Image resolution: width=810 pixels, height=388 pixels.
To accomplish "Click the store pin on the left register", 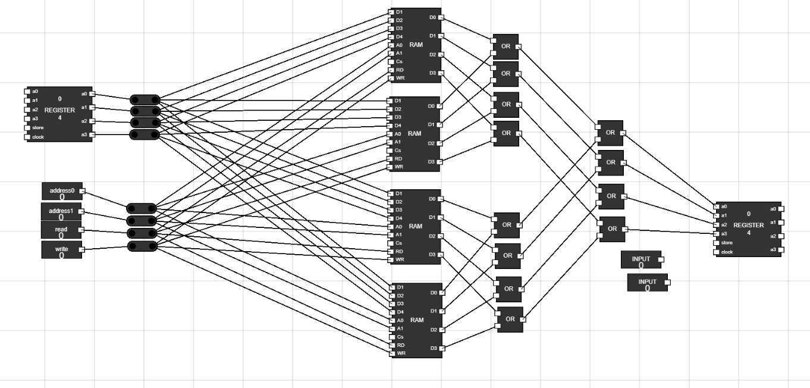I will pyautogui.click(x=27, y=128).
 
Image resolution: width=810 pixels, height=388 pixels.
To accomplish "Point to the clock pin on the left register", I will pyautogui.click(x=27, y=137).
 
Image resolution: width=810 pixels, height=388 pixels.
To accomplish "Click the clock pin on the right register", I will pyautogui.click(x=716, y=252).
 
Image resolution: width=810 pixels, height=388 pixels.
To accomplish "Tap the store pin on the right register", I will pyautogui.click(x=716, y=243).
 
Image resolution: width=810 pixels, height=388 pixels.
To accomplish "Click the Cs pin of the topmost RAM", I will pyautogui.click(x=391, y=61).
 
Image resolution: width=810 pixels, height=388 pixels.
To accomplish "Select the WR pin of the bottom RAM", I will pyautogui.click(x=392, y=353).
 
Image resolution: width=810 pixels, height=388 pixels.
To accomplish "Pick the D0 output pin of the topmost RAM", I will pyautogui.click(x=440, y=17).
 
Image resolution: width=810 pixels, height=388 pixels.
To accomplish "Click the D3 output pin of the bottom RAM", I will pyautogui.click(x=441, y=348).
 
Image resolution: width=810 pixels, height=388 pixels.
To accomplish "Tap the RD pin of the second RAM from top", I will pyautogui.click(x=391, y=159).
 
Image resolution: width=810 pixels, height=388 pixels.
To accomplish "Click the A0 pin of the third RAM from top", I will pyautogui.click(x=391, y=226).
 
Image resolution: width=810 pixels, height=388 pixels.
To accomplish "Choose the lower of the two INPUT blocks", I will pyautogui.click(x=648, y=282).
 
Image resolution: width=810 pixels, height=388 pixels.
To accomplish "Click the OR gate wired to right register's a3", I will pyautogui.click(x=612, y=229).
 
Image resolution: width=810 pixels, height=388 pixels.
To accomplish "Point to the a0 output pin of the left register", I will pyautogui.click(x=92, y=94).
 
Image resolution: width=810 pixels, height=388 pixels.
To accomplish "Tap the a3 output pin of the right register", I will pyautogui.click(x=781, y=249).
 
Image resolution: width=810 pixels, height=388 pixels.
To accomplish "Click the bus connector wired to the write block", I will pyautogui.click(x=143, y=246).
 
